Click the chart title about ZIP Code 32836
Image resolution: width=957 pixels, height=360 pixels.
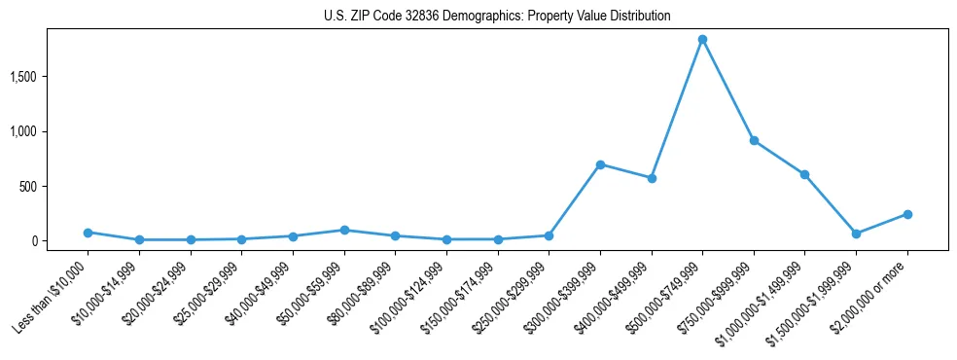point(497,17)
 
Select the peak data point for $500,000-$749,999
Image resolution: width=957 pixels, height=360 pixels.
point(702,40)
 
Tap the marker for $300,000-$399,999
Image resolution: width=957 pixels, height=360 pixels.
point(600,164)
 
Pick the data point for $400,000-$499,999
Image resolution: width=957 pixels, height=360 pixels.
point(652,178)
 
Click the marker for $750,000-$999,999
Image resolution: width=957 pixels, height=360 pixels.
point(754,141)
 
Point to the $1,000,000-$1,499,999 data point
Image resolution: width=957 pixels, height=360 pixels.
point(804,174)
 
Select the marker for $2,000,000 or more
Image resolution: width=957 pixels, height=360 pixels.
point(907,214)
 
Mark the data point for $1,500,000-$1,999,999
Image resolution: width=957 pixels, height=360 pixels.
point(856,234)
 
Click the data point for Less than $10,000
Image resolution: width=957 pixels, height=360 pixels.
point(88,233)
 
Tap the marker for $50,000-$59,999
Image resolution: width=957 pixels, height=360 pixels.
point(343,231)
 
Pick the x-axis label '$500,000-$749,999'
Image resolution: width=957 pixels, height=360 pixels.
point(667,296)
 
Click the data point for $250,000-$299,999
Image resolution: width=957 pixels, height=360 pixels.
point(549,235)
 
